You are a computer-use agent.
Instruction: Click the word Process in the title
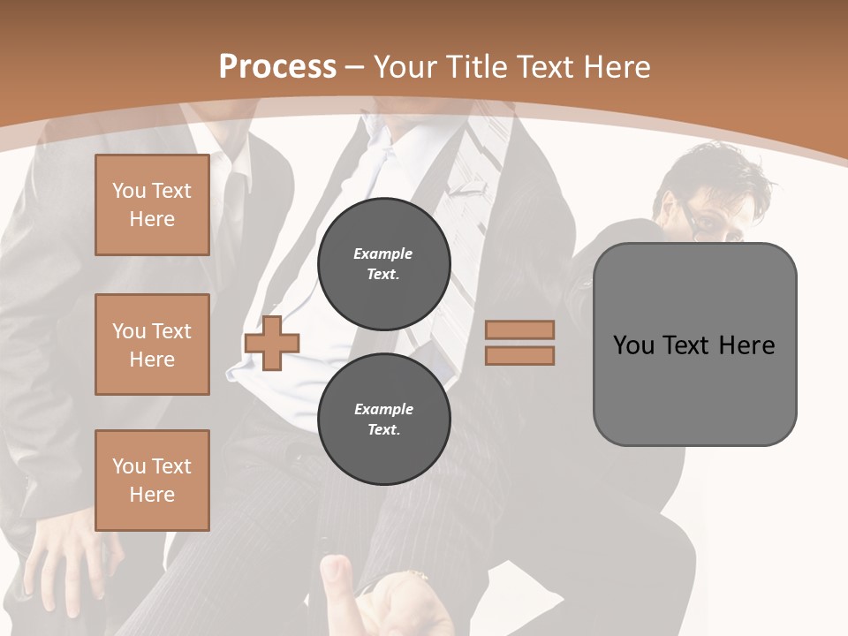pos(277,66)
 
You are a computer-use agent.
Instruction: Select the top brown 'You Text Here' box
pos(152,205)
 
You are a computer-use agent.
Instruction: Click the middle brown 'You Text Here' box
pos(152,344)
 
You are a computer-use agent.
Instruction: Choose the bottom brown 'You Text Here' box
pos(152,480)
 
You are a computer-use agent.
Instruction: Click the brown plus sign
pos(272,343)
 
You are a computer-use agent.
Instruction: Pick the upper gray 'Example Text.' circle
pos(383,263)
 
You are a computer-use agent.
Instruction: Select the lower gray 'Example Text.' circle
pos(383,419)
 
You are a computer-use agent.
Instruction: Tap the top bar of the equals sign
pos(519,329)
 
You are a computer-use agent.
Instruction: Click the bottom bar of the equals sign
pos(519,355)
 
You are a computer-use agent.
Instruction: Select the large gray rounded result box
pos(694,344)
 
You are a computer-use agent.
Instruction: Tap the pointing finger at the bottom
pos(334,579)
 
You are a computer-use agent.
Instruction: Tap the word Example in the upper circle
pos(383,254)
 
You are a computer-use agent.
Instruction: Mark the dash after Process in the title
pos(355,66)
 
